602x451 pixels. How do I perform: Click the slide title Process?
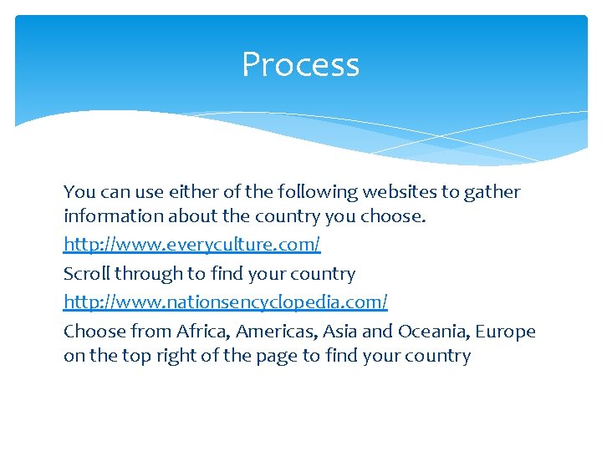(300, 65)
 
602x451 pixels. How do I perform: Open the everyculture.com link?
(191, 245)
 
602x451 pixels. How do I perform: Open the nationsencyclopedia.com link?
(226, 301)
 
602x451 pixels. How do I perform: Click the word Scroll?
(87, 274)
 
